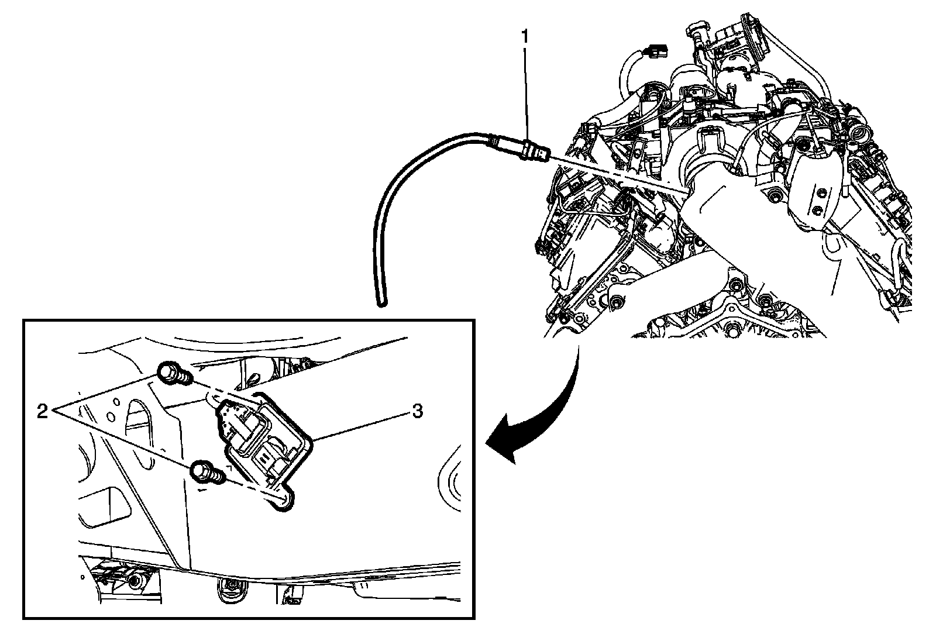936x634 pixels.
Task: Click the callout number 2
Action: (42, 412)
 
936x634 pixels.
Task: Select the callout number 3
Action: (417, 411)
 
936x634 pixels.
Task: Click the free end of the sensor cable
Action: (380, 302)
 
